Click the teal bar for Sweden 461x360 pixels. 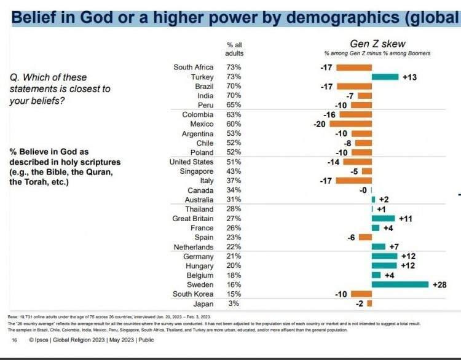coord(400,284)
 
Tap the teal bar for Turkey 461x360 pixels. coord(385,77)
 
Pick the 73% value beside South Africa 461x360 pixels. coord(234,67)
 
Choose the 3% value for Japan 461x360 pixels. coord(234,303)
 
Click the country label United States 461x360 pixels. coord(191,162)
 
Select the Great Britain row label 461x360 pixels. coord(193,218)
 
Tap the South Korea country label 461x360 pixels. coord(194,294)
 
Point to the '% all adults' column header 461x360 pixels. coord(234,49)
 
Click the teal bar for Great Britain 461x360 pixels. coord(383,218)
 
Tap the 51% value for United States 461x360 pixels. coord(234,162)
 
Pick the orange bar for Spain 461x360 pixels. coord(365,237)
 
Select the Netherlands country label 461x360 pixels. coord(194,247)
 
